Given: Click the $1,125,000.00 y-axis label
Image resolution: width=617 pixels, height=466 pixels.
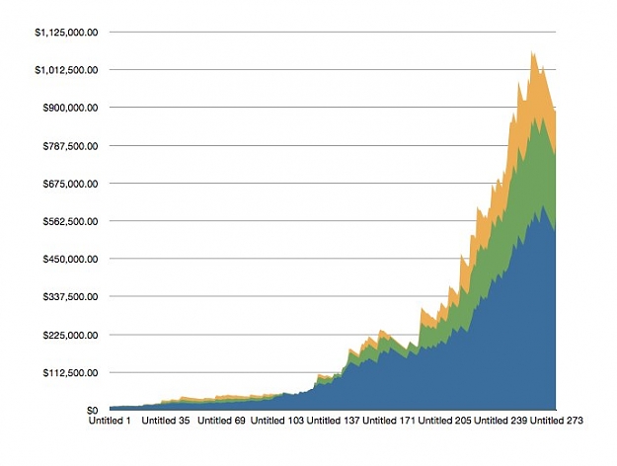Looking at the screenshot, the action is coord(66,33).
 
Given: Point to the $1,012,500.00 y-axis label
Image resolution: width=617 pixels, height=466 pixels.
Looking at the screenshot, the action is coord(66,70).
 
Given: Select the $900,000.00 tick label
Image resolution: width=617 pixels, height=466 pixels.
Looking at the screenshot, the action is coord(70,108).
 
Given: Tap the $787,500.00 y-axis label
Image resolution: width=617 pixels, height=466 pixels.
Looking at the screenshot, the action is coord(70,146).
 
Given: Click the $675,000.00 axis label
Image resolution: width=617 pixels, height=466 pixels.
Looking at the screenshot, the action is coord(70,184).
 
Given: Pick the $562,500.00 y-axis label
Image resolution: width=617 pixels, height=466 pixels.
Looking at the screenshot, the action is coord(70,221).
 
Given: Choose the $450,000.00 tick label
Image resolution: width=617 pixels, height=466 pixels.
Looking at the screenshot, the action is coord(70,259).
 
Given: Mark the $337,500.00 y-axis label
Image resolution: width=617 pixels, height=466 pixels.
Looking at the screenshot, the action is coord(70,296).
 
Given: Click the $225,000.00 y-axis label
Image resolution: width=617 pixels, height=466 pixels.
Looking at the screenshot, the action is coord(70,335).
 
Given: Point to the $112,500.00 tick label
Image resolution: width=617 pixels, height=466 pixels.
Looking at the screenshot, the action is coord(70,372).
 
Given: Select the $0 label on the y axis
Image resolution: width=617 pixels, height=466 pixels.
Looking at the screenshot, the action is coord(92,410).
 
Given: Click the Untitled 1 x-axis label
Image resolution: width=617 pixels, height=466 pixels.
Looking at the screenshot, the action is coord(110,421).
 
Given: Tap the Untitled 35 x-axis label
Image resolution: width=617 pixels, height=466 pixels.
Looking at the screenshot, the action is coord(165,421).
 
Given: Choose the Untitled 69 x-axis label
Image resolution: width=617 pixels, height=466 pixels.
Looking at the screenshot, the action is coord(221,421).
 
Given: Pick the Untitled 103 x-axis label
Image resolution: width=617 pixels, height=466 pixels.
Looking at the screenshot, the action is coord(277,421).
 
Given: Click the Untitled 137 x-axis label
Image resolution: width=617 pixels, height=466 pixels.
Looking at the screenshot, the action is coord(333,421).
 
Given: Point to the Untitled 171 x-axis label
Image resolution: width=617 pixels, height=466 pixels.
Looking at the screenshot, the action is coord(389,421).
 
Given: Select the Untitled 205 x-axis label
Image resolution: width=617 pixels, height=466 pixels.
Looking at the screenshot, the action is coord(444,421).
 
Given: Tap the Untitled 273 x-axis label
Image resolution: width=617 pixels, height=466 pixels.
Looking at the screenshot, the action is coord(557,421).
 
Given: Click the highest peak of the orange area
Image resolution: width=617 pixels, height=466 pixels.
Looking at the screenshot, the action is coord(532,51).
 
